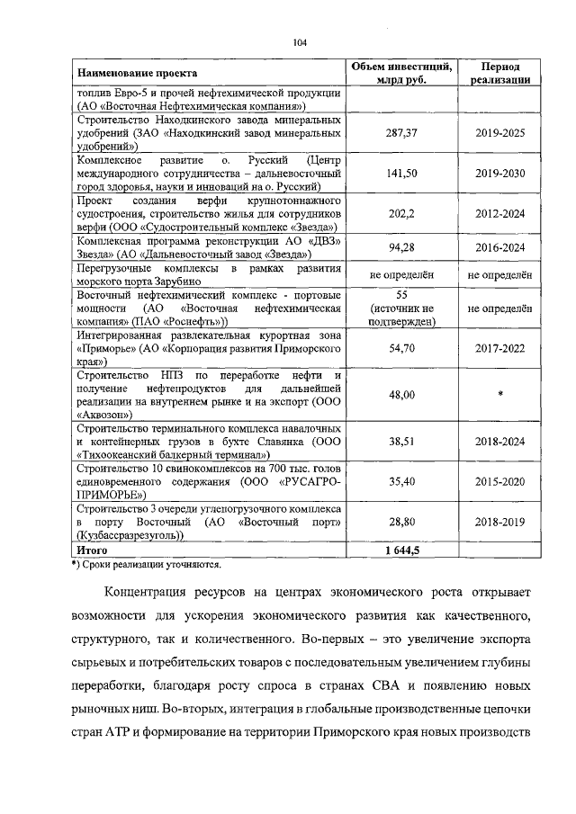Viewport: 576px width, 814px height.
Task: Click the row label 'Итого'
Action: pyautogui.click(x=93, y=549)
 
